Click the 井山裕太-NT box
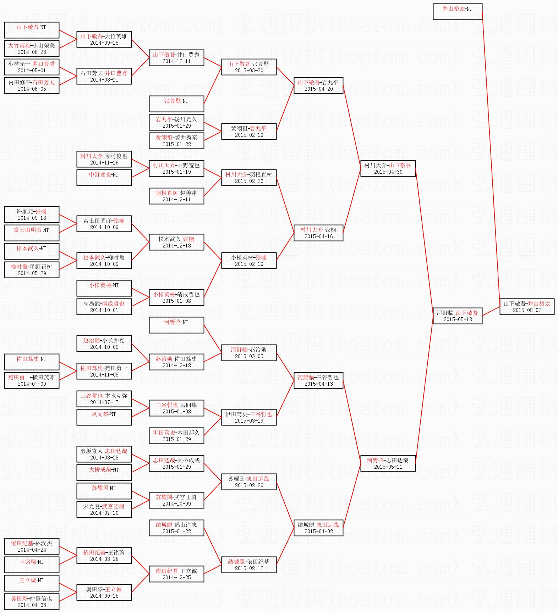click(x=457, y=11)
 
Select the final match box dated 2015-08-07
click(x=527, y=307)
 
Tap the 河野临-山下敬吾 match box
click(x=457, y=316)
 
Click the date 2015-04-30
click(x=388, y=172)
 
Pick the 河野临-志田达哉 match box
click(x=388, y=463)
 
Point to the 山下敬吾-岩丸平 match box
click(x=318, y=85)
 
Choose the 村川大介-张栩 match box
click(x=318, y=233)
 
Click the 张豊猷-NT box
click(x=176, y=104)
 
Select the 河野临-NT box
click(x=176, y=325)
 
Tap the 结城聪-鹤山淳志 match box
click(x=176, y=528)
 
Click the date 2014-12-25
click(x=176, y=578)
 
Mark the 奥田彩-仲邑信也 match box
click(x=32, y=602)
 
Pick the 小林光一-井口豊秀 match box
click(x=32, y=67)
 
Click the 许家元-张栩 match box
click(x=32, y=214)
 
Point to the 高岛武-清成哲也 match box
click(x=104, y=307)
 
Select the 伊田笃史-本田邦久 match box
click(x=176, y=436)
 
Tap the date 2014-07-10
click(x=104, y=513)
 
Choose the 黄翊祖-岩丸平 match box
click(x=249, y=132)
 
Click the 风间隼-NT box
click(x=104, y=417)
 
